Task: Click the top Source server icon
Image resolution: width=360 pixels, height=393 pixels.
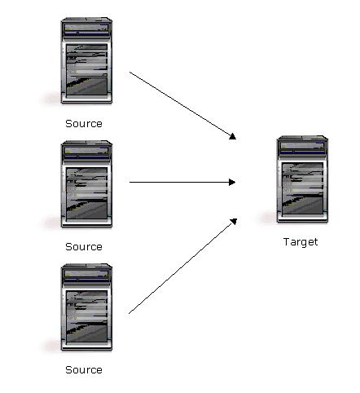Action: pos(86,60)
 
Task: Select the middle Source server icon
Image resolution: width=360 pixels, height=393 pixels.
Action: pos(86,184)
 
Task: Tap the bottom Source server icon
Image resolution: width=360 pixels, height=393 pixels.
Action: pos(86,307)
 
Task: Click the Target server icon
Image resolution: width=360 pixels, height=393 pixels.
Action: pos(302,179)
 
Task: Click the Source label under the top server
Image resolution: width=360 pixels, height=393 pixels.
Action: pos(84,124)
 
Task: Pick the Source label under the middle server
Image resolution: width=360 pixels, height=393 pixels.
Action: pos(84,247)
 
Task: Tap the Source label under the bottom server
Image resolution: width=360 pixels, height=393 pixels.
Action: pos(84,370)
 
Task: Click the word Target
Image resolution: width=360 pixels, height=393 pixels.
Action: pos(301,242)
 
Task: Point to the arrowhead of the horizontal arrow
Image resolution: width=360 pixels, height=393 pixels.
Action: pos(232,182)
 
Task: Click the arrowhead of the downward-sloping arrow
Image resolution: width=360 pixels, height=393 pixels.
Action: pos(233,136)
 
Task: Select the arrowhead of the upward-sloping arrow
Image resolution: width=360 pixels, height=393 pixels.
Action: pos(234,221)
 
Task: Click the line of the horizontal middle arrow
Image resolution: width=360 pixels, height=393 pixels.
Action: pos(182,182)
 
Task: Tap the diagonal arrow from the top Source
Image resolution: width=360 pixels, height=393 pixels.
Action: pos(182,106)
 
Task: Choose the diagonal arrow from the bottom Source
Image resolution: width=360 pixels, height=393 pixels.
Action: pos(182,266)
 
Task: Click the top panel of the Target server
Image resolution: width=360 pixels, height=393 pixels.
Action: pos(302,147)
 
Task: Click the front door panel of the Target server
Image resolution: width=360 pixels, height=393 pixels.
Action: pos(302,188)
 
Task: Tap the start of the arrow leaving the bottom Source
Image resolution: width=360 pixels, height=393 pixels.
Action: pos(129,314)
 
